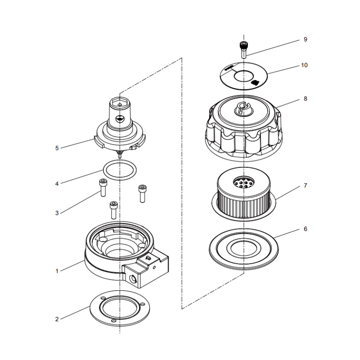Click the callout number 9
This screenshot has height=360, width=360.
(x=305, y=40)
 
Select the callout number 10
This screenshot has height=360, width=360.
(x=304, y=65)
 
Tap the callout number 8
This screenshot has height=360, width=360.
(x=305, y=99)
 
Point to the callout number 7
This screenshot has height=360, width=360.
(x=305, y=185)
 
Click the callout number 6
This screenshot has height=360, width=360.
(x=305, y=229)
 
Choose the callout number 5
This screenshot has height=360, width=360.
(x=57, y=148)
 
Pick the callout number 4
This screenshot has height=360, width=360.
(x=57, y=184)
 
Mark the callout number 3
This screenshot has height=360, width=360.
(x=57, y=213)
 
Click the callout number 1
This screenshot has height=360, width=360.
(x=57, y=271)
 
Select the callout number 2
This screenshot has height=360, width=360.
(x=57, y=319)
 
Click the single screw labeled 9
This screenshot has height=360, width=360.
(x=243, y=49)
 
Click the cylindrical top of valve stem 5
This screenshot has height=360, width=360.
(x=120, y=110)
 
